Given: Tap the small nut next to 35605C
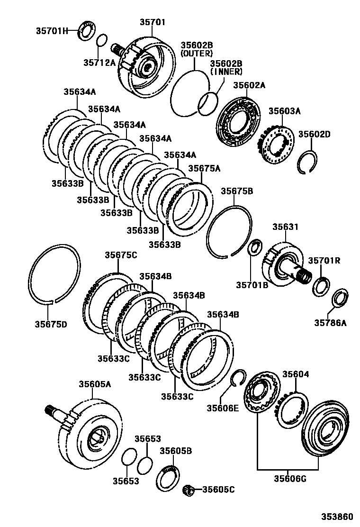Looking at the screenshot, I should (x=189, y=490).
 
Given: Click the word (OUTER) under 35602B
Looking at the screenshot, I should (x=196, y=54).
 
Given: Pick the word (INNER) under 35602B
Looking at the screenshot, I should (x=226, y=72).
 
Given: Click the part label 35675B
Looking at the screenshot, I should (x=237, y=191).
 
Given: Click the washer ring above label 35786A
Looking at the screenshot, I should (x=340, y=297).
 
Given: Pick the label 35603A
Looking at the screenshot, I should (x=285, y=111).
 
